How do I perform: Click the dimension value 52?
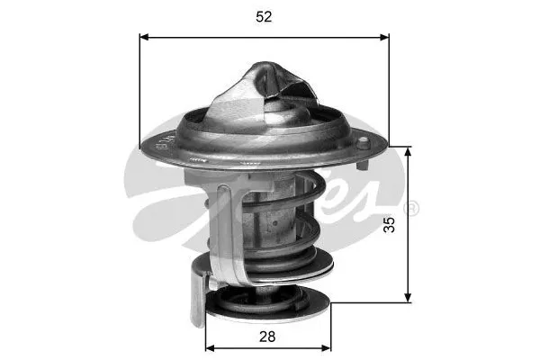pyautogui.click(x=264, y=16)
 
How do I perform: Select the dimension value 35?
pyautogui.click(x=390, y=225)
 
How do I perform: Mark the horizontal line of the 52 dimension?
pyautogui.click(x=264, y=38)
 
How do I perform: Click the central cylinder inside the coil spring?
pyautogui.click(x=274, y=220)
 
